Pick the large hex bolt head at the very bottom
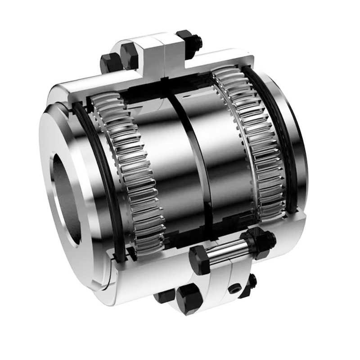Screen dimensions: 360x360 pyautogui.click(x=189, y=299)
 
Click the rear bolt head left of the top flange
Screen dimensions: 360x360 pyautogui.click(x=108, y=63)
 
